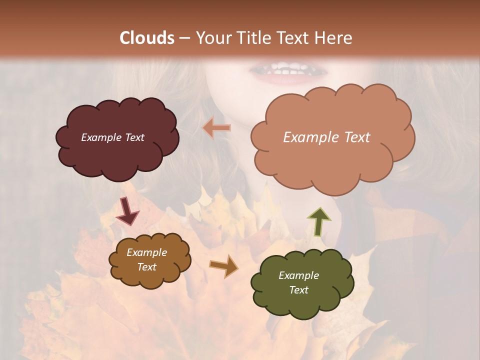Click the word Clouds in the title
pos(147,38)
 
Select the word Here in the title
pos(335,38)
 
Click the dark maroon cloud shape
pos(117,160)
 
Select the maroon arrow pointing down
pos(127,211)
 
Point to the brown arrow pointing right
pos(223,265)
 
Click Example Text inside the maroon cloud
pos(112,137)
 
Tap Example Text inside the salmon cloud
pos(326,137)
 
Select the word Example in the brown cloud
pos(146,252)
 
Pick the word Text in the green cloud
pos(298,290)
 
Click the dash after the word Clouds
pos(184,38)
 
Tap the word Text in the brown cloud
pos(146,267)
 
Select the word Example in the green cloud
pos(298,275)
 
